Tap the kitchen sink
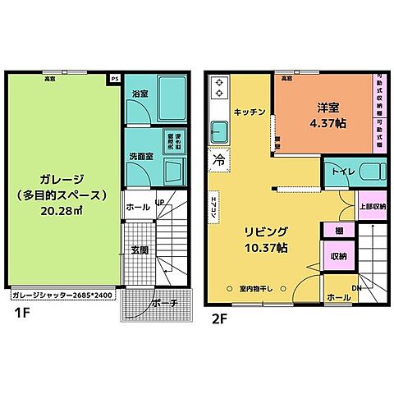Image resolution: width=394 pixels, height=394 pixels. pos(219,130)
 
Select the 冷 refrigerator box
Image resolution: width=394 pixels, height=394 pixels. pos(219,157)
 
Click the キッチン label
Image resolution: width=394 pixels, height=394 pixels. pos(249,112)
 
